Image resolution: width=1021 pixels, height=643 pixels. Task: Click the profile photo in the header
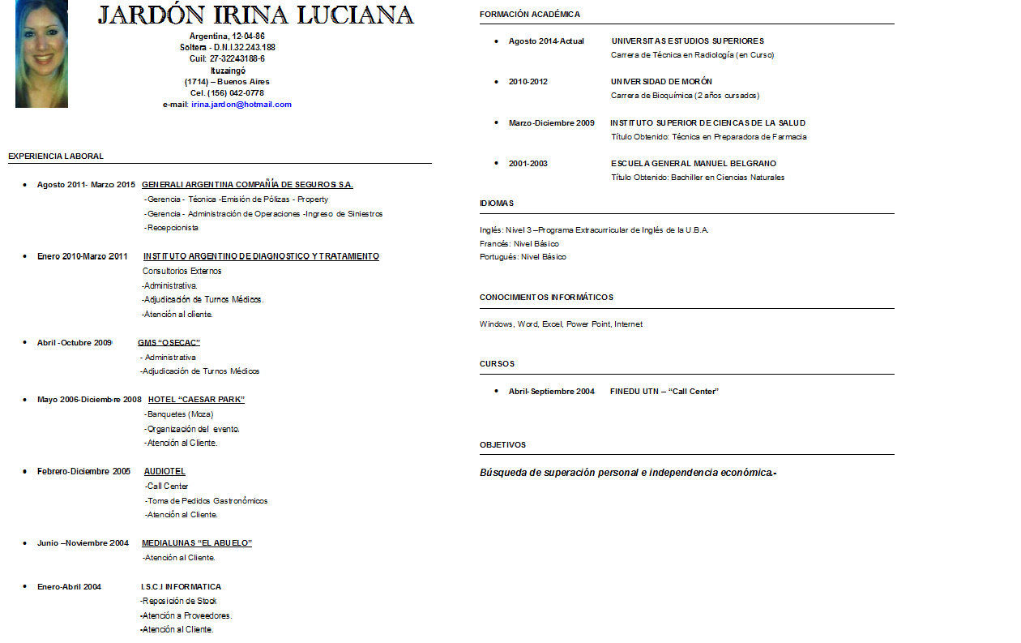tap(41, 54)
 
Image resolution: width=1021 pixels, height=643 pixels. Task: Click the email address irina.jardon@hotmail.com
tap(241, 105)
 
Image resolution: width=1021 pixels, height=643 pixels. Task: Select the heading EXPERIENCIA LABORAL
tap(56, 156)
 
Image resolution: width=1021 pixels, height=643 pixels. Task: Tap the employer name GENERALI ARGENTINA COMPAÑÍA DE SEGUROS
tap(247, 185)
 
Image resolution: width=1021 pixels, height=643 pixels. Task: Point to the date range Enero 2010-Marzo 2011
tap(83, 256)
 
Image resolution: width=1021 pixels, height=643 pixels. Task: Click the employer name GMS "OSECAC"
tap(169, 343)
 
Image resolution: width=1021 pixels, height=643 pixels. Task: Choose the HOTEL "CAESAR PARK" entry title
tap(196, 400)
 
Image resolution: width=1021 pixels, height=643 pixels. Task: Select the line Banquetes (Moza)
tap(180, 414)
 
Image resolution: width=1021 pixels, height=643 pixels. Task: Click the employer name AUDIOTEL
tap(164, 472)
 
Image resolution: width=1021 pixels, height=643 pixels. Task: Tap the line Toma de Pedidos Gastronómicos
tap(207, 501)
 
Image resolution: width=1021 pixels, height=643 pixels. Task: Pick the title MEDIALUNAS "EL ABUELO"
tap(197, 543)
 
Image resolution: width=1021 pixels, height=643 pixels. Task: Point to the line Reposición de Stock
tap(178, 602)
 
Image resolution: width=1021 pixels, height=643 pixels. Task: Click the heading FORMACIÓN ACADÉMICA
tap(530, 15)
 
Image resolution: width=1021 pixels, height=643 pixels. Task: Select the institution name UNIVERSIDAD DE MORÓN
tap(661, 82)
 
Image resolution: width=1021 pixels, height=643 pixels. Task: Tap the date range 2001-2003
tap(528, 164)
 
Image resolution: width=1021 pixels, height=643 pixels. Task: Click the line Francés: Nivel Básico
tap(519, 243)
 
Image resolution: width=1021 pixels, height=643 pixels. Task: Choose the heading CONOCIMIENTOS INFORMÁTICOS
tap(546, 298)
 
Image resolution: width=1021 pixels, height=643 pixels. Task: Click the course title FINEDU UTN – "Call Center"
tap(664, 392)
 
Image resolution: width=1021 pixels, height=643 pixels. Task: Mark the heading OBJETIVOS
tap(502, 445)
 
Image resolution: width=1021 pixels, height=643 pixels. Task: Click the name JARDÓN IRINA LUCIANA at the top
tap(256, 15)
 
